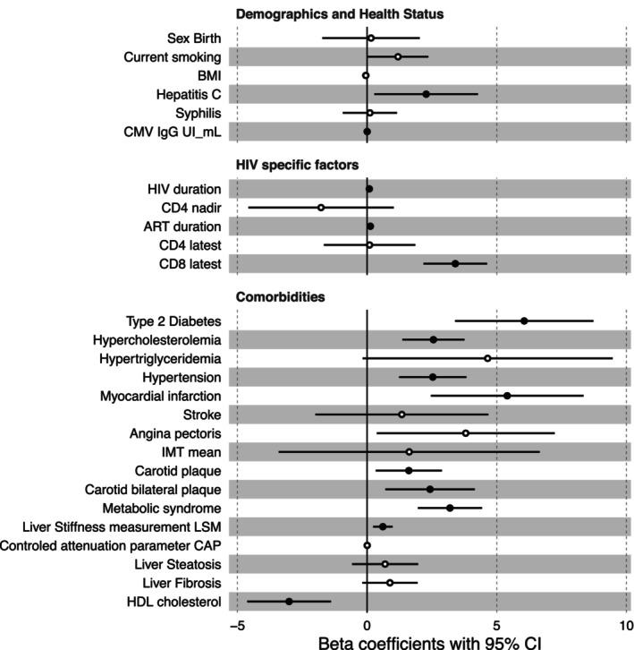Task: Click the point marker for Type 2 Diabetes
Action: [x=524, y=321]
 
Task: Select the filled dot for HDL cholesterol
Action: [x=289, y=601]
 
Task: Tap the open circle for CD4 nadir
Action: [x=321, y=208]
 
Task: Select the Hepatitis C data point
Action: [x=426, y=94]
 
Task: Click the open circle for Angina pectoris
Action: [x=466, y=433]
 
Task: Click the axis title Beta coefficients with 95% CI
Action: [x=429, y=640]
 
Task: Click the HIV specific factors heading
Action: [x=297, y=166]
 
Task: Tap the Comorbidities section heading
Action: [x=280, y=296]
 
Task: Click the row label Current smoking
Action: [x=173, y=57]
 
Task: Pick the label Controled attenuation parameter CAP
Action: [x=111, y=545]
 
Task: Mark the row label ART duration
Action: [x=182, y=227]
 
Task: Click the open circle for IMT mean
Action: [x=409, y=452]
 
